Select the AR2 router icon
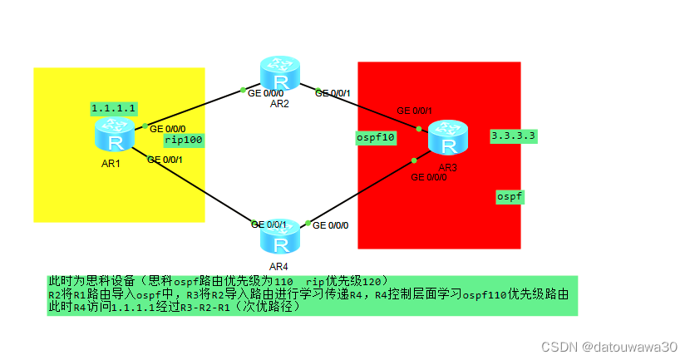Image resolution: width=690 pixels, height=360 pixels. (281, 75)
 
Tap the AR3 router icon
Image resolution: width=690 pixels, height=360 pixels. (450, 139)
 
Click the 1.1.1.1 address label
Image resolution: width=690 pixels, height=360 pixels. (114, 109)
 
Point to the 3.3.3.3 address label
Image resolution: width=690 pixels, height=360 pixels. (513, 134)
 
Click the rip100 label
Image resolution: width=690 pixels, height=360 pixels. (185, 140)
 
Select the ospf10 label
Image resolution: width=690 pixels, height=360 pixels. (375, 137)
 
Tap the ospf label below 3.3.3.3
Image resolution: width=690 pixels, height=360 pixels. (510, 196)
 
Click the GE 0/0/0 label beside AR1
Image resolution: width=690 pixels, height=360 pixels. (168, 129)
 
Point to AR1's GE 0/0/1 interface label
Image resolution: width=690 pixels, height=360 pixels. (165, 160)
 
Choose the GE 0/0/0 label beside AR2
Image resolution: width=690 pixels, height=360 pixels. (266, 93)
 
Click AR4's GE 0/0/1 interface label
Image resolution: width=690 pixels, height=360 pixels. (269, 224)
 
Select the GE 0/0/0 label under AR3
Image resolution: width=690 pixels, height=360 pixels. (429, 177)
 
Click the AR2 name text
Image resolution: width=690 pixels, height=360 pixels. (279, 104)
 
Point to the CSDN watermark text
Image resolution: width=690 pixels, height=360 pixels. (609, 346)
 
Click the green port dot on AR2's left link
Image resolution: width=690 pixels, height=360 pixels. (243, 89)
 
